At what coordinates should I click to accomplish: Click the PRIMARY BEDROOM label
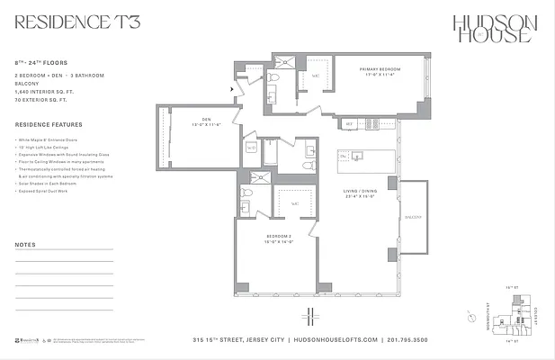click(379, 71)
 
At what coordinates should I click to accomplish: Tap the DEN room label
click(205, 121)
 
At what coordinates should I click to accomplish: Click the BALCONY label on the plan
click(414, 217)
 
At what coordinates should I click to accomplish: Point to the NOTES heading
click(27, 245)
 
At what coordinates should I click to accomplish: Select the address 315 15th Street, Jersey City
click(241, 340)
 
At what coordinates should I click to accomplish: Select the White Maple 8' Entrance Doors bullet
click(51, 141)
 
